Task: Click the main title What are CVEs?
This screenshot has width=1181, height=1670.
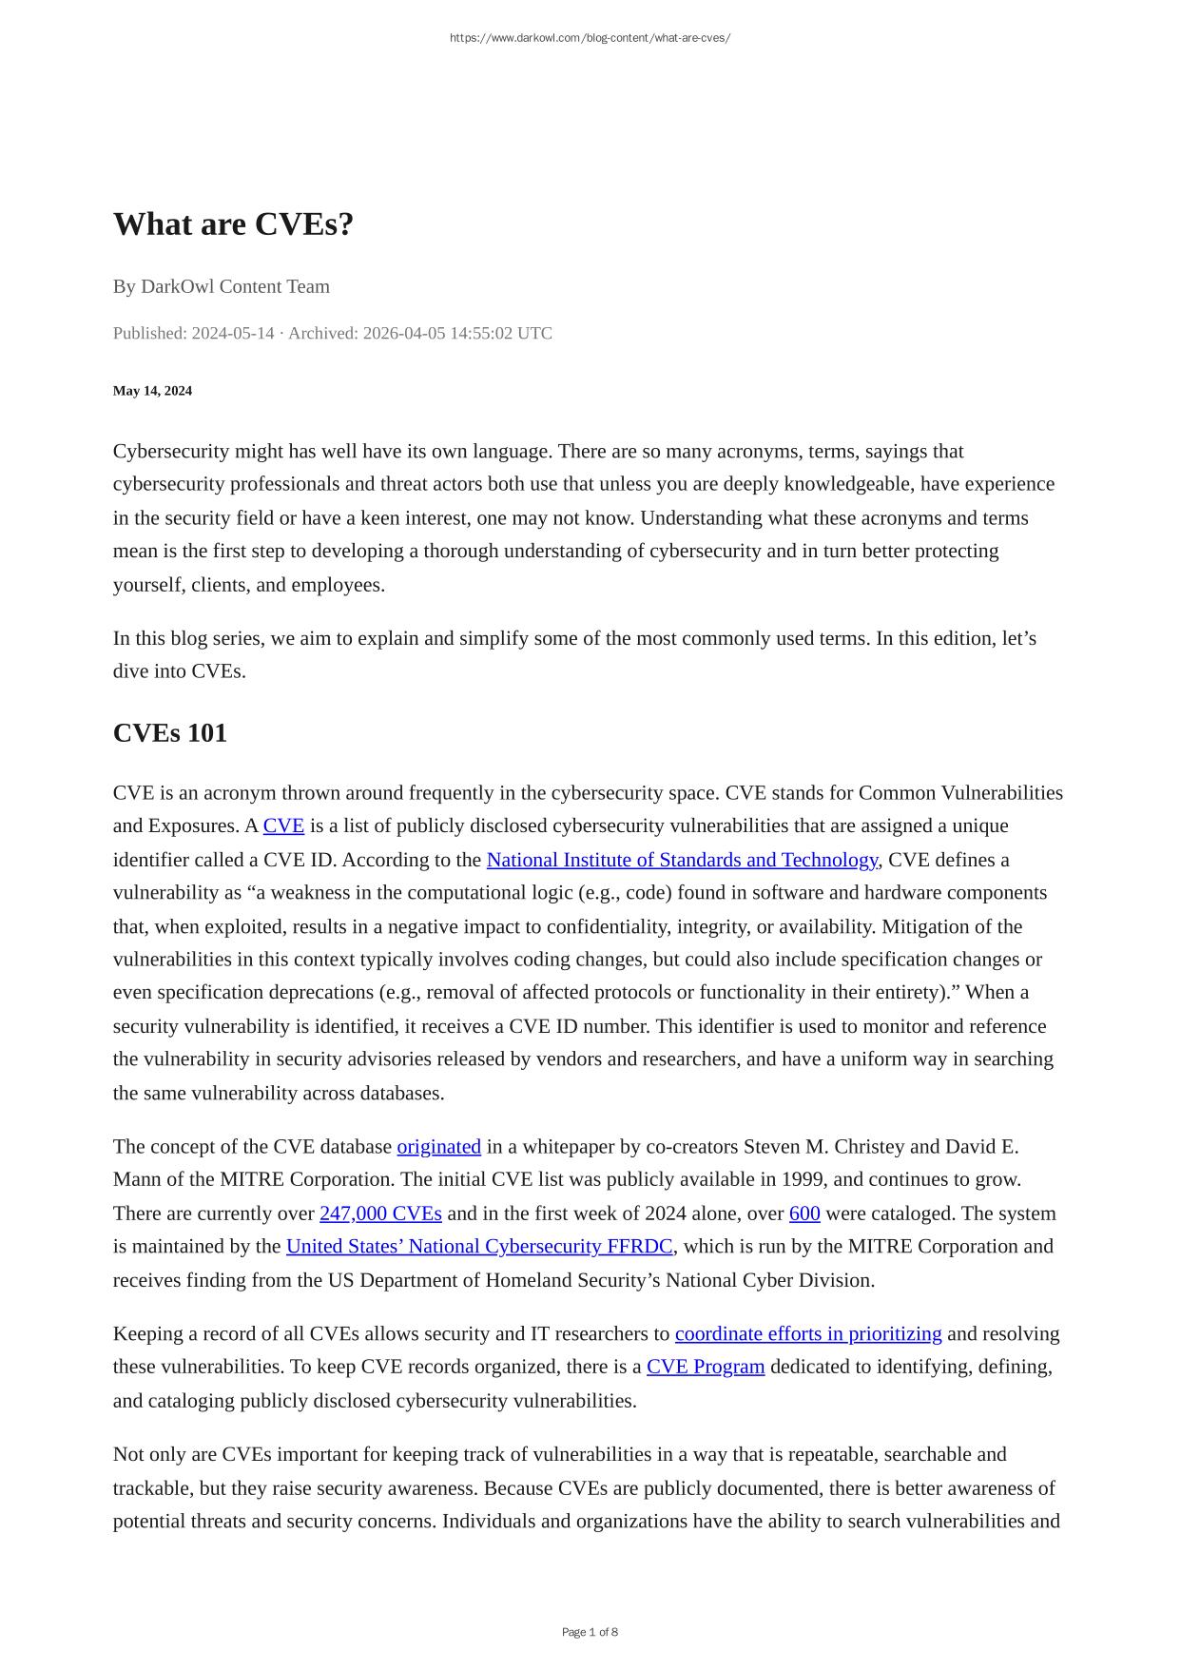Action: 233,224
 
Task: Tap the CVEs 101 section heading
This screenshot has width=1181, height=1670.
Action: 169,733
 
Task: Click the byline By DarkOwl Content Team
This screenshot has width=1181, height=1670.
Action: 221,286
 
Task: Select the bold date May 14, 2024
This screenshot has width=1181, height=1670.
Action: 152,391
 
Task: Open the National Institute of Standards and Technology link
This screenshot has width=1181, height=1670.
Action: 682,860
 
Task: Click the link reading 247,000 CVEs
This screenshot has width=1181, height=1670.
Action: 380,1214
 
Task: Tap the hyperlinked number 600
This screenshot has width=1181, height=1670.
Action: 804,1214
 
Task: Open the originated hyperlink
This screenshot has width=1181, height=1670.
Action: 438,1147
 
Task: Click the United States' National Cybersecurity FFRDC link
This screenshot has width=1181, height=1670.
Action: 479,1247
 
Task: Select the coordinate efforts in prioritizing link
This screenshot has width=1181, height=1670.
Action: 808,1334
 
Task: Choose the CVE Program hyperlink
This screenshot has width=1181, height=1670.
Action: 706,1368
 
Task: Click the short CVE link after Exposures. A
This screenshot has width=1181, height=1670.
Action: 283,825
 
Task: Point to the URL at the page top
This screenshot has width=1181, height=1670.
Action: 590,38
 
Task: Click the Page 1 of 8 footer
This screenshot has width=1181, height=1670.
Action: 590,1632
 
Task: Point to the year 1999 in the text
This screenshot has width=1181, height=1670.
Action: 803,1180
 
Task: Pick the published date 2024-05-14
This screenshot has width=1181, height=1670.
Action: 233,334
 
